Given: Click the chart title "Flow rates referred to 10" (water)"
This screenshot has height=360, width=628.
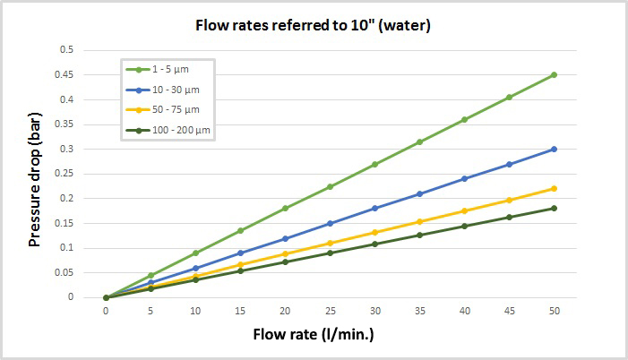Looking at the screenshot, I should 313,25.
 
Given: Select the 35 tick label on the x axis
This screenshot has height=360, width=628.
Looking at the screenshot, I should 419,310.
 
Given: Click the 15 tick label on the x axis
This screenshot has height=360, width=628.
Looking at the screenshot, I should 240,310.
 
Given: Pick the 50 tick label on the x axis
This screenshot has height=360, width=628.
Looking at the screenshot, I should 554,310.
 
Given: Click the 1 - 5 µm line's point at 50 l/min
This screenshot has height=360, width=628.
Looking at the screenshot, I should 554,74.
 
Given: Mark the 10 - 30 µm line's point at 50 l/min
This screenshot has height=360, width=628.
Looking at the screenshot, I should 554,149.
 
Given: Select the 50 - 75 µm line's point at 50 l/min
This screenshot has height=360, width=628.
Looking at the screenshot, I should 554,188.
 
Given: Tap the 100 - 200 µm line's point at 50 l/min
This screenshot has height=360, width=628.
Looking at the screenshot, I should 554,208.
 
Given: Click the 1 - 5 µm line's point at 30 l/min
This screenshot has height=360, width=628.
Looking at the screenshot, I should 374,164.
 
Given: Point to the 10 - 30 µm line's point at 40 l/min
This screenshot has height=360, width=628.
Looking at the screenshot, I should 464,178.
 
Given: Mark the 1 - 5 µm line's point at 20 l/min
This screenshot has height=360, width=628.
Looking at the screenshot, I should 285,208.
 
